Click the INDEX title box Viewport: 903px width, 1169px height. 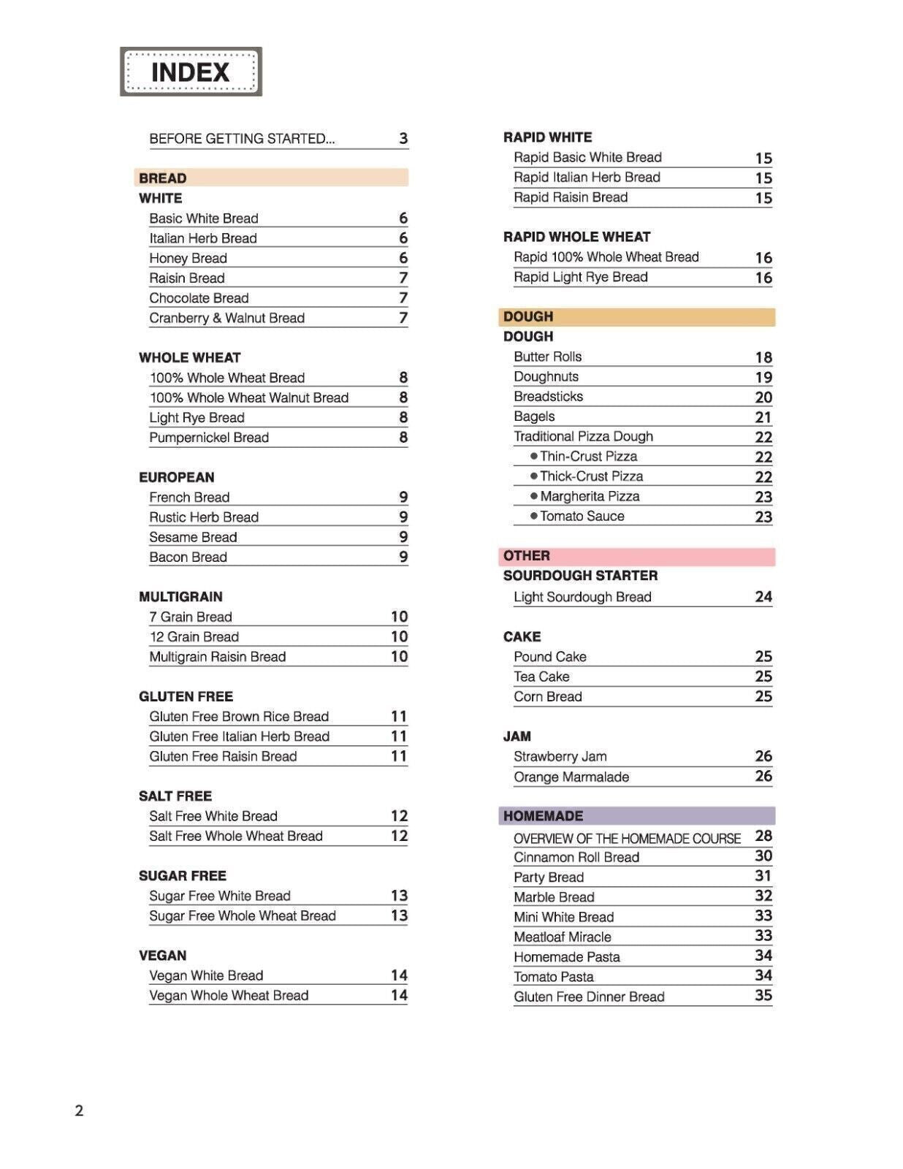tap(191, 72)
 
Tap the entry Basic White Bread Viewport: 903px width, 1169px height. tap(204, 218)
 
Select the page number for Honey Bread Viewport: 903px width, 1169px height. tap(403, 258)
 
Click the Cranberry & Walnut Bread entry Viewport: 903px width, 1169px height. tap(226, 318)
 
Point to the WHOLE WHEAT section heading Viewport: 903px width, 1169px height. tap(189, 357)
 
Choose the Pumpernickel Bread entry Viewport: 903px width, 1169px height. tap(209, 438)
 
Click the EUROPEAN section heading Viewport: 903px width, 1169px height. tap(176, 477)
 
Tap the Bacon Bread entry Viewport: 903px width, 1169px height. tap(188, 557)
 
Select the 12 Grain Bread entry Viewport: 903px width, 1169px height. tap(194, 636)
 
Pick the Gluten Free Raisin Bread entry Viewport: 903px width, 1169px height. tap(223, 756)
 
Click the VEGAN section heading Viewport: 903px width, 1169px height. tap(162, 956)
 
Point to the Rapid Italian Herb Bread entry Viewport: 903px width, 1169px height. tap(587, 178)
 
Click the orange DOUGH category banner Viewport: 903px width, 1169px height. tap(636, 316)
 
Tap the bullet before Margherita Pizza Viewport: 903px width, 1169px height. tap(534, 496)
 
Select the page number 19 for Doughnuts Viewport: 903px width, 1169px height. tap(763, 377)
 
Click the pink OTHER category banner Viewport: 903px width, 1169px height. tap(636, 556)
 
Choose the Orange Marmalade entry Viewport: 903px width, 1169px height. tap(571, 777)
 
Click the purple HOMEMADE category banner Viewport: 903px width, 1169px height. tap(636, 816)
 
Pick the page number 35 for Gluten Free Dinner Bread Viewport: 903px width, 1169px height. tap(763, 996)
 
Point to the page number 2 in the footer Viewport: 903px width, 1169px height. tap(79, 1111)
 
